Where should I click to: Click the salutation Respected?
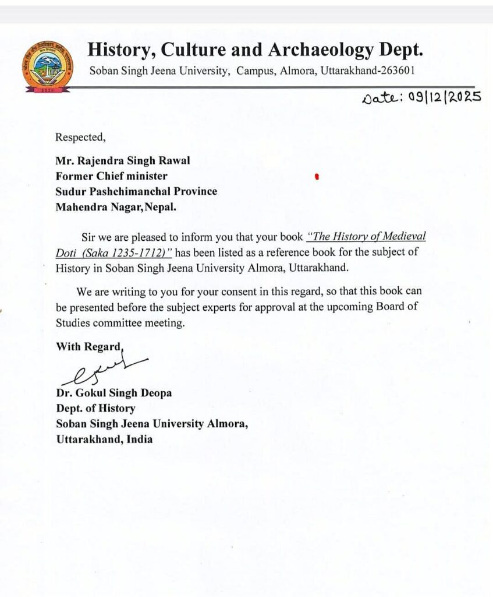(x=80, y=138)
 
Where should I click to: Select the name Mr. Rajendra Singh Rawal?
(x=123, y=161)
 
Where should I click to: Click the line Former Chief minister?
(x=112, y=175)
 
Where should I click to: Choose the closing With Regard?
(x=89, y=346)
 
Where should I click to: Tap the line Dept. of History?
(x=95, y=409)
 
